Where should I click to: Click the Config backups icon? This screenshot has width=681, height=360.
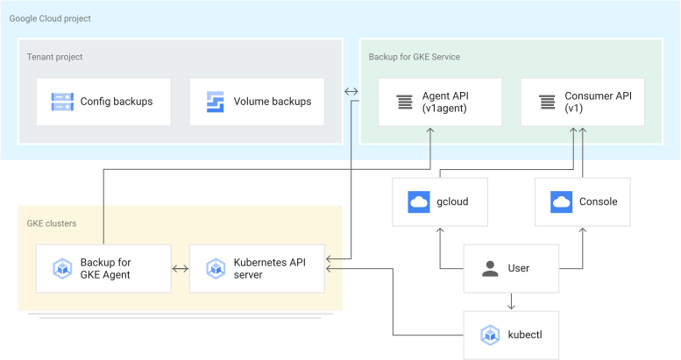(62, 102)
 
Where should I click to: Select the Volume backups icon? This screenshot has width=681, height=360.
(216, 102)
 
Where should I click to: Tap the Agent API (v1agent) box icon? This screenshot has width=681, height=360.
(404, 102)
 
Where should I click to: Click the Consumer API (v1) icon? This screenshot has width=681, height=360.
(547, 102)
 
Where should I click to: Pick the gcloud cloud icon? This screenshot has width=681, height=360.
(419, 202)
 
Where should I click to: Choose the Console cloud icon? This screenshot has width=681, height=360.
(561, 202)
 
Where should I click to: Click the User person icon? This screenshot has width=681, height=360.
(490, 269)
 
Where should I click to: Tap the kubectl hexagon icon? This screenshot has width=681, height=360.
(490, 335)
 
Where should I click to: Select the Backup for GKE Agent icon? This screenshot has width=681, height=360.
(62, 269)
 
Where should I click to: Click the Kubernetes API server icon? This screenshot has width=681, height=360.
(216, 269)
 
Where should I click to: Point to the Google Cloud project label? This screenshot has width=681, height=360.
(50, 18)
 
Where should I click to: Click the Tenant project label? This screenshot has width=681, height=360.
(54, 57)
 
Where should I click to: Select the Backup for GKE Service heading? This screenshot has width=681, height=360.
(414, 57)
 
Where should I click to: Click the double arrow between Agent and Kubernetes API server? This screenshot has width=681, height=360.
(180, 269)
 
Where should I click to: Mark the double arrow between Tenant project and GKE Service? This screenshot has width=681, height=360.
(351, 91)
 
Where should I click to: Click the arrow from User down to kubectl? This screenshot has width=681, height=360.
(511, 300)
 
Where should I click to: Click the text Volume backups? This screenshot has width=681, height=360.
(272, 102)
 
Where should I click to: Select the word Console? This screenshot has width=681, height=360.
(598, 202)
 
